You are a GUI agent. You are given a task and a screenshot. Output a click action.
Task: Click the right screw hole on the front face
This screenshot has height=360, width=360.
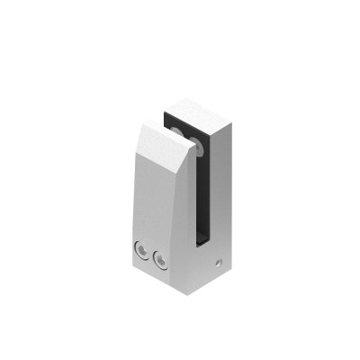click(x=161, y=260)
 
